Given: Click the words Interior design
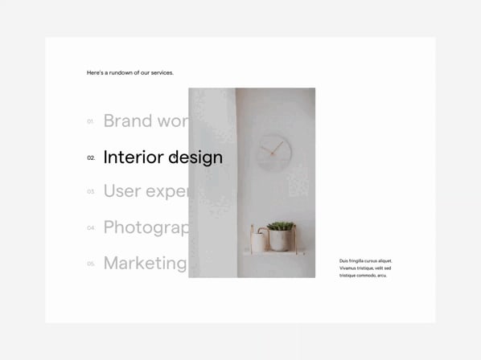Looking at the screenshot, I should point(162,157).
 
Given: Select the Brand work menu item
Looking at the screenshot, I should point(145,121).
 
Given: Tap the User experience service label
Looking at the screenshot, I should point(145,191).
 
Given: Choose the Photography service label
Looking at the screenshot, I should point(145,227).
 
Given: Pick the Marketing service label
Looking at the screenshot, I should point(145,263).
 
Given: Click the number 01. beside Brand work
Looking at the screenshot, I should point(91,121).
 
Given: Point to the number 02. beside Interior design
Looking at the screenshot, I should point(91,157).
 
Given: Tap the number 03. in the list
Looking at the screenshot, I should point(91,192).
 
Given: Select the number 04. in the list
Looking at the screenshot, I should point(91,228).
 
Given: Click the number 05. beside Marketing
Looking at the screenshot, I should point(91,264).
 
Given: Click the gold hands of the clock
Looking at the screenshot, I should point(275,147).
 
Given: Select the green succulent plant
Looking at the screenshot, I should point(280,226).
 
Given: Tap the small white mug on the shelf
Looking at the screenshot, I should point(258,242).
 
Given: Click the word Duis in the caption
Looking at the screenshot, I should point(343,261).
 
